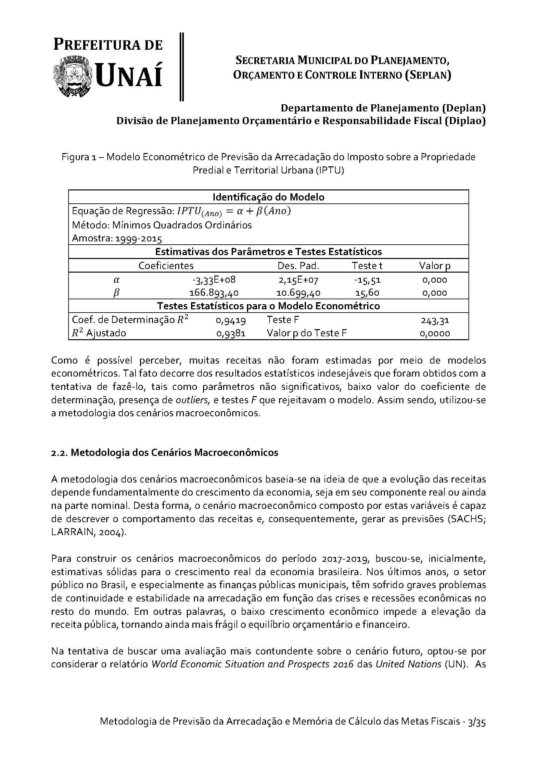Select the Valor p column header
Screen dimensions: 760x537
click(x=434, y=265)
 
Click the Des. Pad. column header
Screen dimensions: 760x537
click(x=298, y=265)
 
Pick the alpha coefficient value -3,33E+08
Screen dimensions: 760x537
click(x=214, y=280)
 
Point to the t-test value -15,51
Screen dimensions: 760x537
click(x=367, y=280)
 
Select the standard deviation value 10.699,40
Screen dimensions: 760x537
click(x=298, y=293)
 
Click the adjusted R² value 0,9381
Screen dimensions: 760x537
click(x=231, y=333)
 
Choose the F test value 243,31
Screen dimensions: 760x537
click(x=435, y=320)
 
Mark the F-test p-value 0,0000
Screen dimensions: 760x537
click(x=434, y=333)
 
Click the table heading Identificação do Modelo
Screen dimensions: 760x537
click(x=268, y=197)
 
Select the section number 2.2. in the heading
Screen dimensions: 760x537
click(x=59, y=453)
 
